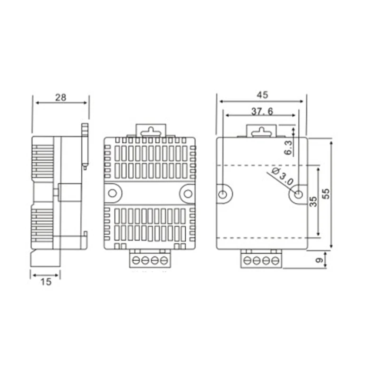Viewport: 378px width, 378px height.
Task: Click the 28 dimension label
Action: [x=60, y=98]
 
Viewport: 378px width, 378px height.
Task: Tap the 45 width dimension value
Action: [x=262, y=94]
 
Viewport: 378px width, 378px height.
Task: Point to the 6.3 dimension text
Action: [x=289, y=148]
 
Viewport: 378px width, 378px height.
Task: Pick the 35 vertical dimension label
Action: [x=313, y=202]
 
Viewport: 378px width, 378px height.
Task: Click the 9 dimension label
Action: [x=319, y=260]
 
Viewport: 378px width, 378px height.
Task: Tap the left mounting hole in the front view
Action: [x=112, y=193]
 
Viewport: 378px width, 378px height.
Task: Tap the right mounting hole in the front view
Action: [x=188, y=193]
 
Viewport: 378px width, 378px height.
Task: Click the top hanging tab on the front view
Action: [x=150, y=130]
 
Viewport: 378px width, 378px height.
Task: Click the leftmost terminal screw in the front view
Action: [x=136, y=260]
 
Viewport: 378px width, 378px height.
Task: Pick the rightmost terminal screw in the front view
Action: [x=164, y=260]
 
